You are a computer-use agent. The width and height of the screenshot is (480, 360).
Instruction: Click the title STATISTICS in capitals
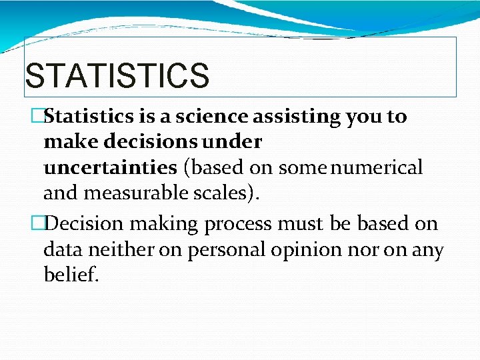[117, 75]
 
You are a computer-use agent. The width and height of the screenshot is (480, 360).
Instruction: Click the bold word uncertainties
[110, 167]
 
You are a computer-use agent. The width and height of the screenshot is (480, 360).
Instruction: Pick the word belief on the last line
[71, 275]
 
